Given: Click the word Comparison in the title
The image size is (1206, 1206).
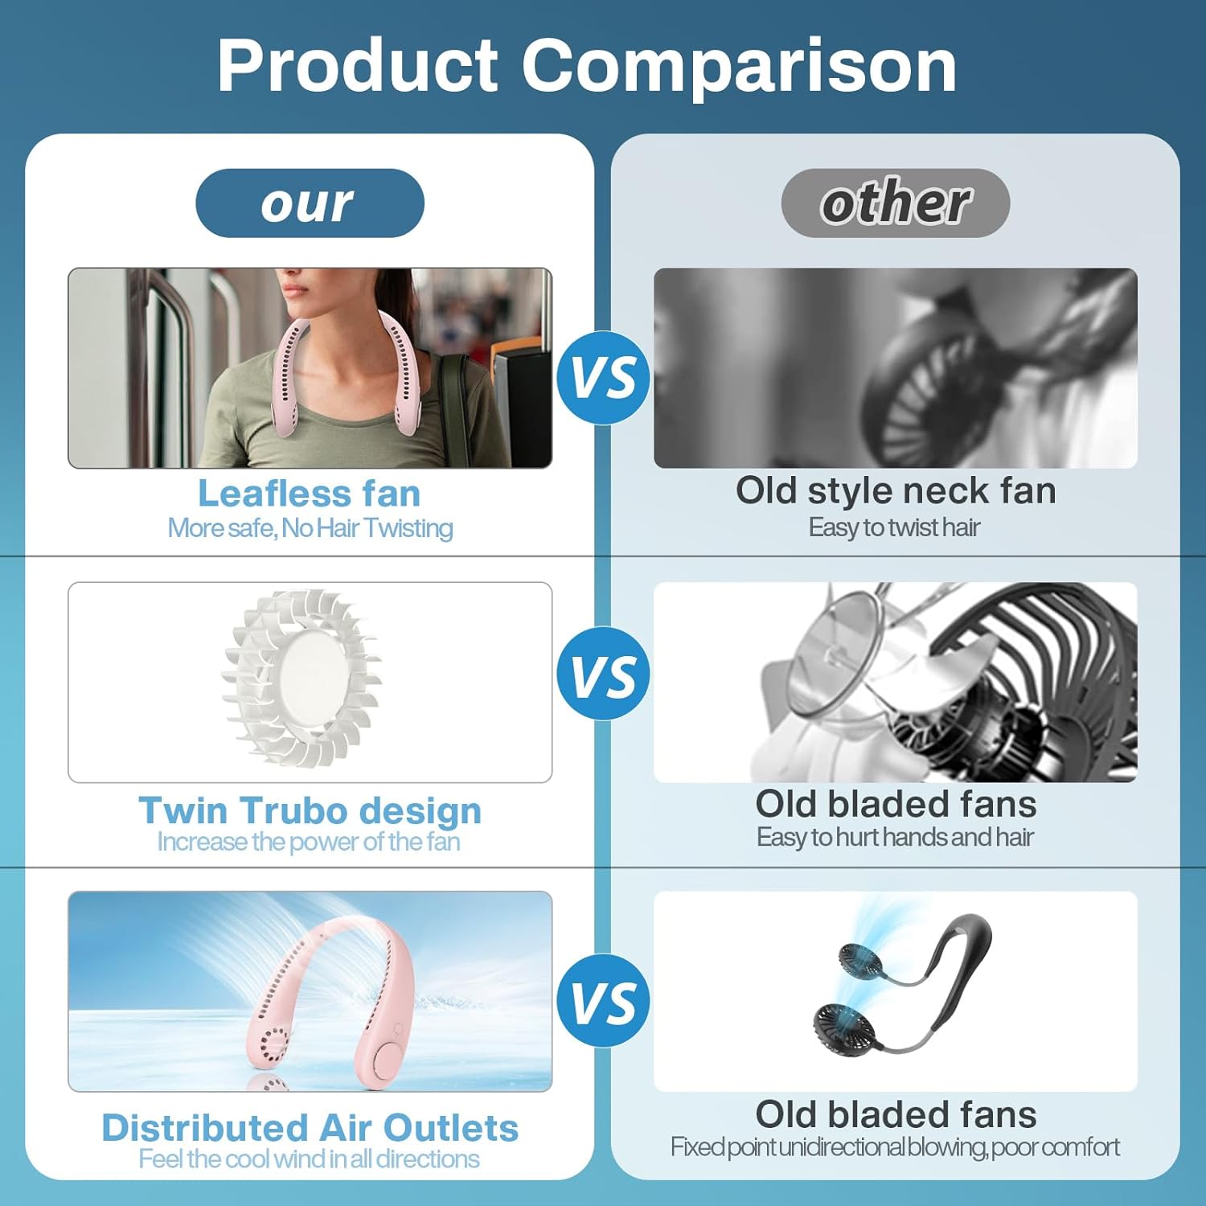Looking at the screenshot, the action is [739, 66].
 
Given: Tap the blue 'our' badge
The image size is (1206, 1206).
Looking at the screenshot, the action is [310, 203].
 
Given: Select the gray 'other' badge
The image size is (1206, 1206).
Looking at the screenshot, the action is [895, 203].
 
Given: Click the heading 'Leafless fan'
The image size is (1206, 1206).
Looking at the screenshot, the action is [310, 493].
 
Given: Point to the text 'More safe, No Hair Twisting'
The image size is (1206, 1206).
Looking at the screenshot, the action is [310, 528].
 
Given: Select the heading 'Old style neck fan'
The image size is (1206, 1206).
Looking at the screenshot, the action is [896, 491].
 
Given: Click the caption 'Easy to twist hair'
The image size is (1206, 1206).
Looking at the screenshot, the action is [894, 527].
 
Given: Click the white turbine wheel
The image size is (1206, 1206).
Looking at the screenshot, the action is [302, 679].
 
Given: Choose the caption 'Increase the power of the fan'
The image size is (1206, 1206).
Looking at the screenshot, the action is [309, 842].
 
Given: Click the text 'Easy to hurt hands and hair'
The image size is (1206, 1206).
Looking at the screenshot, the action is [895, 837].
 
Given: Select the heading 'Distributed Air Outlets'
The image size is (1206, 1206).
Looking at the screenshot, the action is [310, 1128].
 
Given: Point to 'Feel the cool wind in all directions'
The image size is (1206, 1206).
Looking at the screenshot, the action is [309, 1159].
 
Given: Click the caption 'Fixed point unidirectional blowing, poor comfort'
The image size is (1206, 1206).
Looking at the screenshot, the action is [895, 1147].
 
